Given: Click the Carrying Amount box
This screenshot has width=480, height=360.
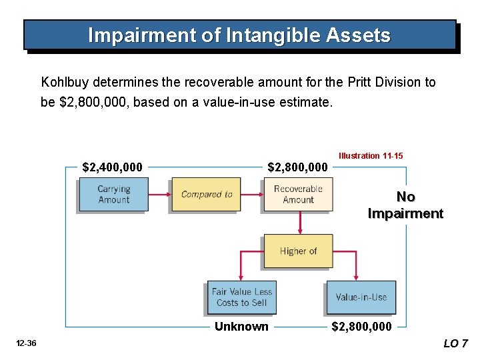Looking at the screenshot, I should tap(113, 194).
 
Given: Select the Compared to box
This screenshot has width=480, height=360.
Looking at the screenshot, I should tap(206, 194).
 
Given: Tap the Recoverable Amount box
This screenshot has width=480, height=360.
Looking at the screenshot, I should tap(297, 194).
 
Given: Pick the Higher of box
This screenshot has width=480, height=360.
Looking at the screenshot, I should tap(297, 251).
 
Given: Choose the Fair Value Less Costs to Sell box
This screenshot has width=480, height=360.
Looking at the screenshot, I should tap(241, 297).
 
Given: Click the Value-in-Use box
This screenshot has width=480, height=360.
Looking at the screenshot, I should tap(361, 297).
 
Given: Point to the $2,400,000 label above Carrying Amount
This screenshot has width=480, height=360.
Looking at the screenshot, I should tap(112, 167).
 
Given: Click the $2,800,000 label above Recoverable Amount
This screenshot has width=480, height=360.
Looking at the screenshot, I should tap(297, 167).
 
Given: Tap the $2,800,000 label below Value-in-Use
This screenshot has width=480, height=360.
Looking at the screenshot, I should tap(362, 326).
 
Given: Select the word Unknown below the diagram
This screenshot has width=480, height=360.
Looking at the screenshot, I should tap(241, 326).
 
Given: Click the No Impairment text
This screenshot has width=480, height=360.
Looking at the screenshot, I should tap(405, 205).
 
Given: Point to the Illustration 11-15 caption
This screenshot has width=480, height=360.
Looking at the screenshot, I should tap(371, 155).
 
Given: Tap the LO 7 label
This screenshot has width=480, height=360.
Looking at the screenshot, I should tap(456, 343).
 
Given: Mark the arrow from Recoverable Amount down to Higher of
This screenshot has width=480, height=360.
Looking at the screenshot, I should tap(300, 223).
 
